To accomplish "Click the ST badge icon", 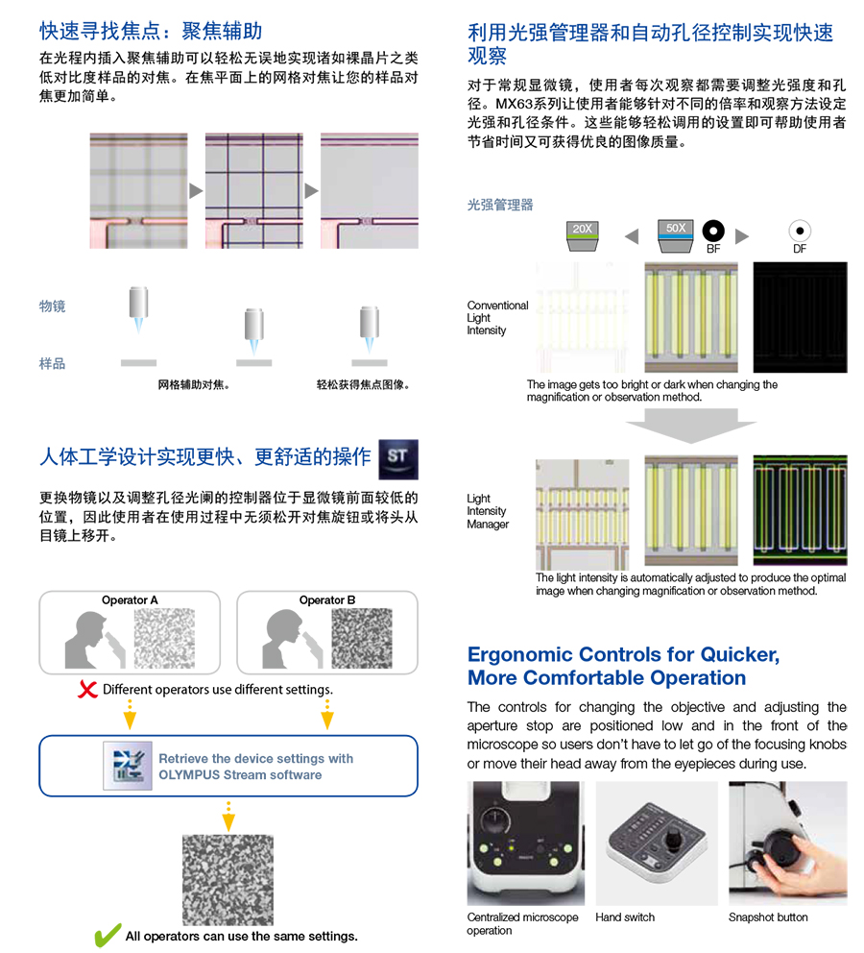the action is point(398,459).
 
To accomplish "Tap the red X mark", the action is point(87,689).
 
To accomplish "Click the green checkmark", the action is point(108,935).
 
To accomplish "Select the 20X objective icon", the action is point(583,235).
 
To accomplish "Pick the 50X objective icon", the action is point(675,235).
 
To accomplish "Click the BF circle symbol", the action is point(713,231).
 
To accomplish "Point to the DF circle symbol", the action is point(800,231).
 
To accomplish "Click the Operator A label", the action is point(130,599).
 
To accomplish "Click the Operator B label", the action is point(327,599).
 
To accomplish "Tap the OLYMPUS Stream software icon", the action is point(128,766).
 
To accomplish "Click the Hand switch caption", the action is point(625,917).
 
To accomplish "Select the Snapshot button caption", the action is point(768,917).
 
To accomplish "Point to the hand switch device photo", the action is point(657,843).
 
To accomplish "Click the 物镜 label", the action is point(52,306).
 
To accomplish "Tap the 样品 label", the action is point(52,363).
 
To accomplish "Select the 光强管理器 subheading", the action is point(500,205).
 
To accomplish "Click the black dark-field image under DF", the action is point(801,317).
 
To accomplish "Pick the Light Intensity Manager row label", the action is point(488,511).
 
